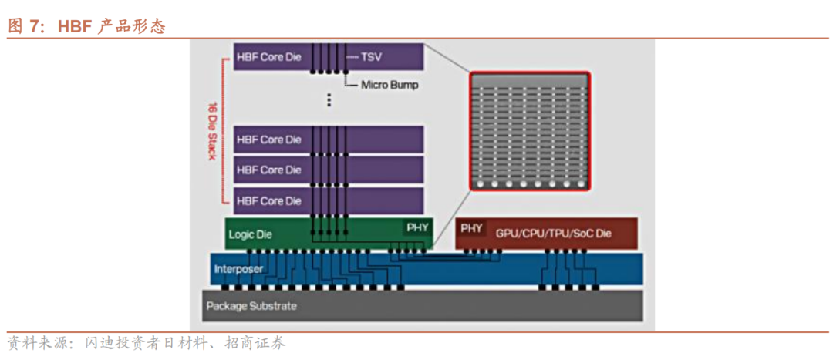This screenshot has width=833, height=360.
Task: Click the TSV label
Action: [x=372, y=56]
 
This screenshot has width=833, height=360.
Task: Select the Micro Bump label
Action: [x=390, y=85]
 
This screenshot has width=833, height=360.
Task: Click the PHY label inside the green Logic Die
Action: [x=416, y=227]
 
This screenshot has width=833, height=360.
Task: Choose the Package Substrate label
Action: [x=251, y=306]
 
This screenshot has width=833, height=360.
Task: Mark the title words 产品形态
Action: [x=132, y=26]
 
